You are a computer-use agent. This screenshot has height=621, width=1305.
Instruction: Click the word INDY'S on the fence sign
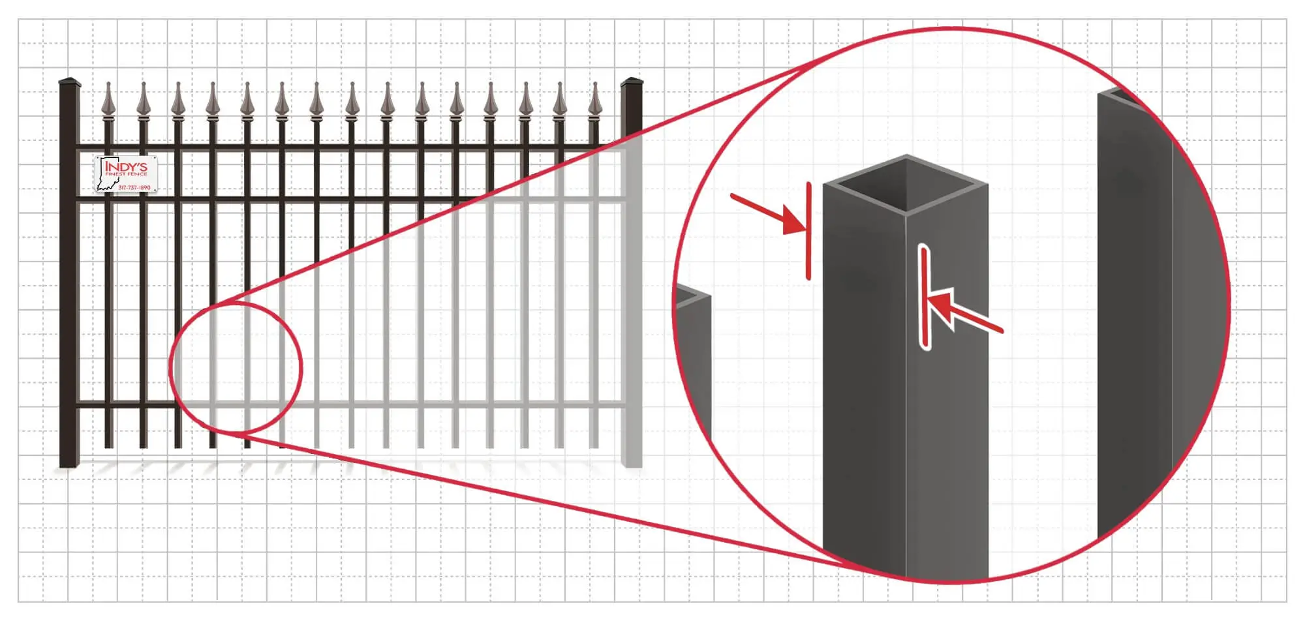126,166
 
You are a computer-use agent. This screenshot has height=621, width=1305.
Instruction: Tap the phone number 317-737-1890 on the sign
134,188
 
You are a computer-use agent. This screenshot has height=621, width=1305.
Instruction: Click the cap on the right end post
631,83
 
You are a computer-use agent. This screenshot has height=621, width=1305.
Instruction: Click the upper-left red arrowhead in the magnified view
794,222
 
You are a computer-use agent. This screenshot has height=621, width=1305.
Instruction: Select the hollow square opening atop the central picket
905,183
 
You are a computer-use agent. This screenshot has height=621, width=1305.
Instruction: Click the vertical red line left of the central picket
808,232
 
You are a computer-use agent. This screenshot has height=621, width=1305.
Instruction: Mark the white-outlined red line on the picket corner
924,297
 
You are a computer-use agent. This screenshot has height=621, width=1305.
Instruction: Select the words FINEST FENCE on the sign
126,174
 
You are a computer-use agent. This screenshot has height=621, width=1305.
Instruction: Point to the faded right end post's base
632,462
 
